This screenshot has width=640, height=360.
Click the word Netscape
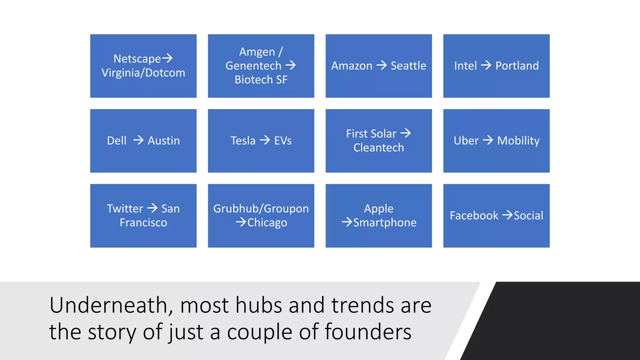tap(137, 59)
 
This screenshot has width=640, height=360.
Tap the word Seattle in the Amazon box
tap(408, 66)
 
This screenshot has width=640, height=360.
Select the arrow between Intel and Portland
tap(486, 65)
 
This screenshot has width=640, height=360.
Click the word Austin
tap(164, 141)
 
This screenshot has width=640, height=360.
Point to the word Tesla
tap(243, 141)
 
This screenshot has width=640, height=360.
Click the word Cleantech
tap(378, 147)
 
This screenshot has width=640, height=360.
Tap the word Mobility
tap(518, 141)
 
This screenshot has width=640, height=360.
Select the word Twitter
tap(125, 208)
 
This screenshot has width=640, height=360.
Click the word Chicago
tap(267, 222)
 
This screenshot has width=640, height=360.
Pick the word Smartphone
tap(385, 222)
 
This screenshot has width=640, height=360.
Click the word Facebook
tap(474, 216)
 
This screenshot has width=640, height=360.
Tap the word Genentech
tap(253, 66)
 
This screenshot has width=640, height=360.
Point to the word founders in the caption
tap(368, 332)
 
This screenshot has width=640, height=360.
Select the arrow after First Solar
tap(406, 133)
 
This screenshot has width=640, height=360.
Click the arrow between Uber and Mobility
tap(487, 140)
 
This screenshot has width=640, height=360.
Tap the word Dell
tap(117, 141)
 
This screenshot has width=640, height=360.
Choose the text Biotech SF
tap(261, 80)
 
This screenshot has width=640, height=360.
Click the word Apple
tap(378, 208)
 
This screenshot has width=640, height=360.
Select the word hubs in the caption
tap(259, 305)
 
